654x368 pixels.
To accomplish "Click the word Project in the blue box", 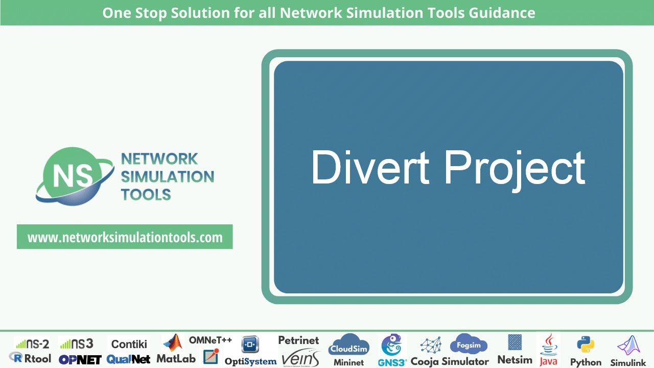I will pos(515,169).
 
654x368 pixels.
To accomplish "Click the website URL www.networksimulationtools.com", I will pos(125,237).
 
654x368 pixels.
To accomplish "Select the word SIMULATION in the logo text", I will pos(168,177).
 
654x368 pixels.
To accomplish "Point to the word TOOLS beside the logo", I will pos(146,195).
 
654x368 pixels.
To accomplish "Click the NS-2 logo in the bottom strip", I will pos(32,343).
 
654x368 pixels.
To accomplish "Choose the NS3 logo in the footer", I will pos(76,343).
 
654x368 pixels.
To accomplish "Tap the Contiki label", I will pos(129,344).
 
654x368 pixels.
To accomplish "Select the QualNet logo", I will pos(128,359).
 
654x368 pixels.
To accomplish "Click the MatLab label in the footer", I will pos(176,359).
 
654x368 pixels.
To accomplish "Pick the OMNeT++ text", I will pos(211,340).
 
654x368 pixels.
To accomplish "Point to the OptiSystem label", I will pos(250,361).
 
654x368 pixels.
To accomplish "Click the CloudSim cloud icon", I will pos(348,346).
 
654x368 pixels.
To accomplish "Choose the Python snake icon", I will pos(586,346).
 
